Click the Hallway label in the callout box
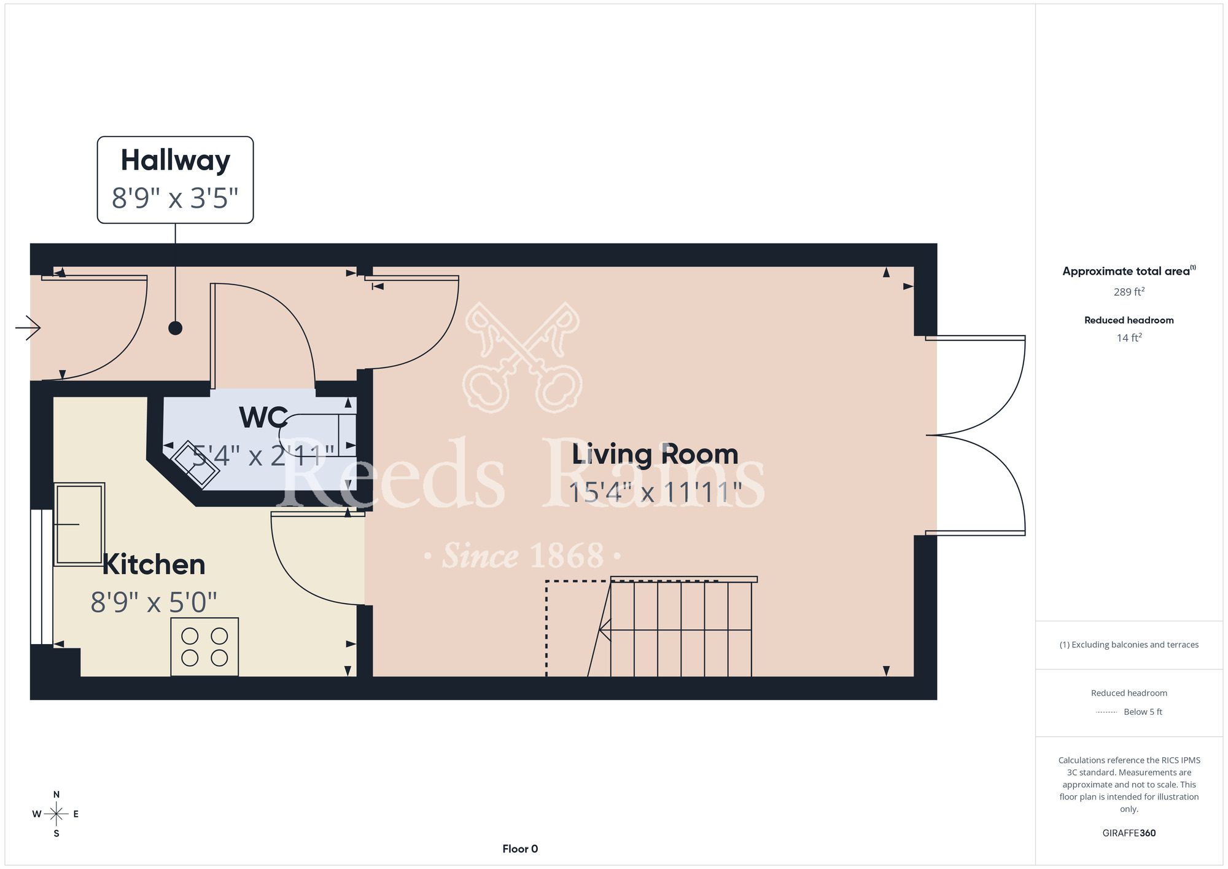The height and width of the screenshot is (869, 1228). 176,160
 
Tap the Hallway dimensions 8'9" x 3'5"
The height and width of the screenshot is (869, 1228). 175,198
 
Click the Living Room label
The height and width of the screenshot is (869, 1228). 655,454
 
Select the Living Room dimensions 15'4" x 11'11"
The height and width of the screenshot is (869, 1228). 655,492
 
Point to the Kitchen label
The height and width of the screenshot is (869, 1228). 153,564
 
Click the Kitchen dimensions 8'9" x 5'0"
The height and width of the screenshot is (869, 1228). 153,602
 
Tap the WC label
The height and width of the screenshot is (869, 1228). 263,418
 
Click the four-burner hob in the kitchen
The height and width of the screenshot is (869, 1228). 204,647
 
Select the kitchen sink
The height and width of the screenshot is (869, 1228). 79,524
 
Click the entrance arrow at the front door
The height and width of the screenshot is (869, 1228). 28,328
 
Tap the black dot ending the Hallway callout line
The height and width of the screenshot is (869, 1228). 176,328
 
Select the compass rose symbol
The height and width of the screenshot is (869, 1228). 56,814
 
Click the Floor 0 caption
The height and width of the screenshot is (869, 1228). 520,849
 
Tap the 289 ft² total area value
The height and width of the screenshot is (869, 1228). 1129,292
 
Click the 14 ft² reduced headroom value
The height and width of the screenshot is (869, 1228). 1129,337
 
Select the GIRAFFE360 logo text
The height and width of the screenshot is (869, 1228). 1129,833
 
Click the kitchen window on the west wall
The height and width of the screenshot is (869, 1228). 42,577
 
